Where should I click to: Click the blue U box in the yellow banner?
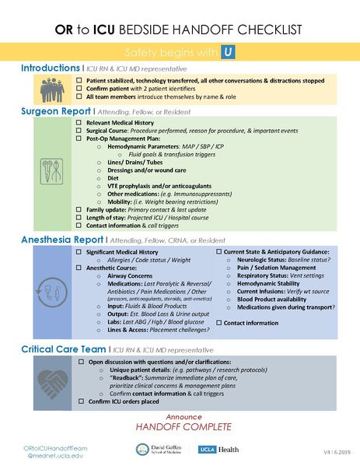228,51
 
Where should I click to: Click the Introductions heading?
50,68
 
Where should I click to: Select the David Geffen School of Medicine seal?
142,450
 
